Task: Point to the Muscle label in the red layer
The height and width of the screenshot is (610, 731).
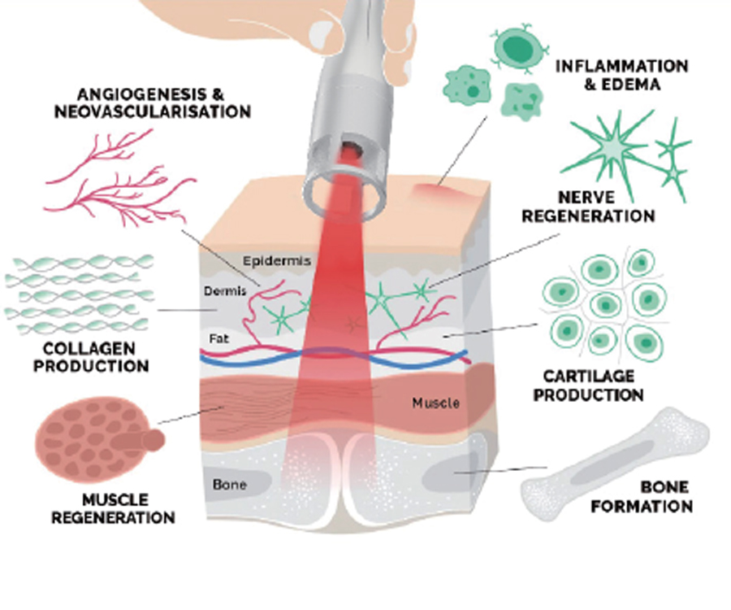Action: coord(435,403)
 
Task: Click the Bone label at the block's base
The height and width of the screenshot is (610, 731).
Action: coord(229,486)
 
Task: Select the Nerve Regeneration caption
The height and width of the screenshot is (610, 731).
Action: coord(587,207)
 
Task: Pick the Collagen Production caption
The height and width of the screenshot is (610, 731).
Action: coord(80,357)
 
